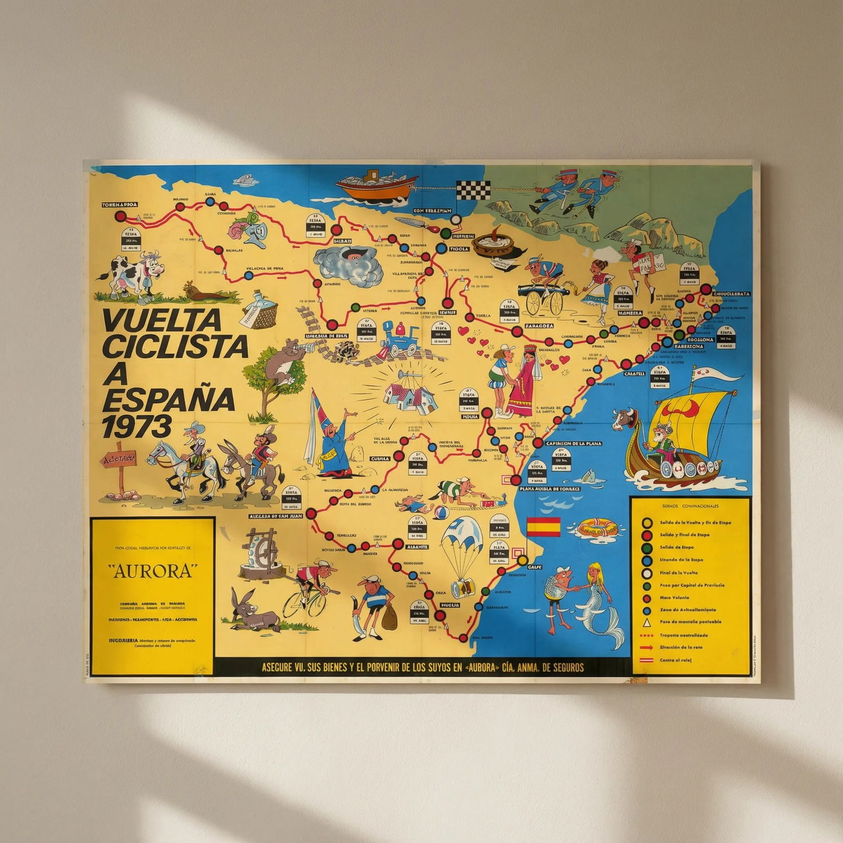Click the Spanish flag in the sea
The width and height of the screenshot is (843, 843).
tap(544, 526)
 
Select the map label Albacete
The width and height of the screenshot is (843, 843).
tap(417, 547)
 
